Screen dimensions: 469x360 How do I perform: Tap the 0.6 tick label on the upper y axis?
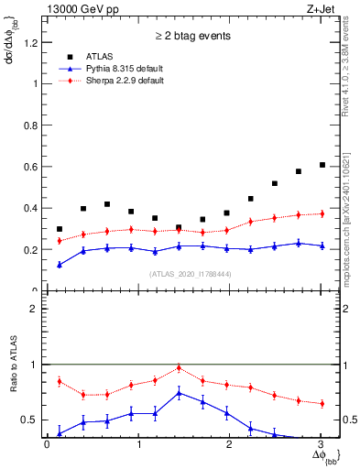(x=29, y=166)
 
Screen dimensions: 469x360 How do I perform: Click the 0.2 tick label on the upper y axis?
(x=29, y=249)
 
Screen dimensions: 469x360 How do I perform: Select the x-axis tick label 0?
(x=47, y=446)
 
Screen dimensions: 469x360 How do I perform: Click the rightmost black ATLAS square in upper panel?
(x=322, y=165)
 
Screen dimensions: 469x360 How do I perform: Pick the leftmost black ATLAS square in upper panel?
(x=60, y=229)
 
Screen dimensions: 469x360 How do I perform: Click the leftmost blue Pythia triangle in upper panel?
(x=60, y=264)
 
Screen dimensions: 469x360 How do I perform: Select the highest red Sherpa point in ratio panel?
(x=179, y=367)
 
